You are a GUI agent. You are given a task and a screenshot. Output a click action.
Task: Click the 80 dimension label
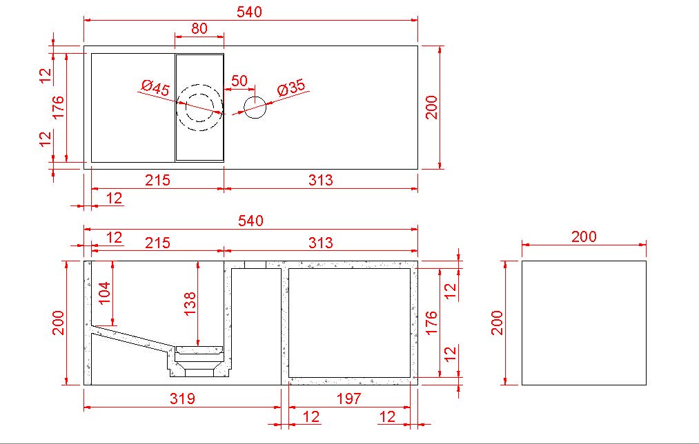pos(199,28)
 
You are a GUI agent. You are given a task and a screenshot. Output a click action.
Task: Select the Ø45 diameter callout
pos(155,88)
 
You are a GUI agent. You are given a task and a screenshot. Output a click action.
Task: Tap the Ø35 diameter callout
pos(291,89)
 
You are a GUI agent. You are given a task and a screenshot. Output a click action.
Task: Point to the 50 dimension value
pos(239,80)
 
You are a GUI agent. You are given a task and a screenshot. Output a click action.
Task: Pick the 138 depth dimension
pos(190,304)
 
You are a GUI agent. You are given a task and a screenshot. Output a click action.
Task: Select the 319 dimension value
pos(182,398)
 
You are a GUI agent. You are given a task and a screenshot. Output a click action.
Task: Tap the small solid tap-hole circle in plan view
pos(255,107)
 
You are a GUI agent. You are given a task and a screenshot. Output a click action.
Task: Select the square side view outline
pos(584,323)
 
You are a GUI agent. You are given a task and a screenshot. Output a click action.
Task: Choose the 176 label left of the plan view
pos(58,108)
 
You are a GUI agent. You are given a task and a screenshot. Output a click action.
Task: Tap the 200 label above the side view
pos(584,236)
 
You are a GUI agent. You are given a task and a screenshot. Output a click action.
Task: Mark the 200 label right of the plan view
pos(431,107)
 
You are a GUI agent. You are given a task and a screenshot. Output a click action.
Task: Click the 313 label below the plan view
pos(321,180)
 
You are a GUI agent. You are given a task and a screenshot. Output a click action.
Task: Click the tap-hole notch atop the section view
pos(255,264)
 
